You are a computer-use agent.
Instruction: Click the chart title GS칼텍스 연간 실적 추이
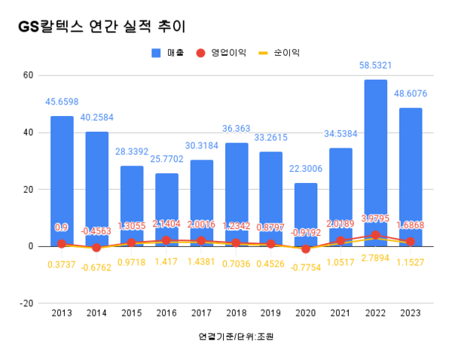(x=101, y=26)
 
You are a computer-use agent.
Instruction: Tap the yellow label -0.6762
(x=96, y=267)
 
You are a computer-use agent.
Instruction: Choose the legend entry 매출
(x=173, y=53)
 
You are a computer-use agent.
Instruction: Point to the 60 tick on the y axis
(x=28, y=75)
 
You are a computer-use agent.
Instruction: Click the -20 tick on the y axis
(x=26, y=304)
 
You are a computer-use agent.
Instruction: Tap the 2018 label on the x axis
(x=236, y=313)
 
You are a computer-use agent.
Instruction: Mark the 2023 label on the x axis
(x=411, y=313)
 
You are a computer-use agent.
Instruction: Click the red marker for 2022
(x=376, y=235)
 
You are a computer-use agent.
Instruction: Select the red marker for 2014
(x=96, y=247)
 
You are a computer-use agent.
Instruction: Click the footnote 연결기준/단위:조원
(x=236, y=336)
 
